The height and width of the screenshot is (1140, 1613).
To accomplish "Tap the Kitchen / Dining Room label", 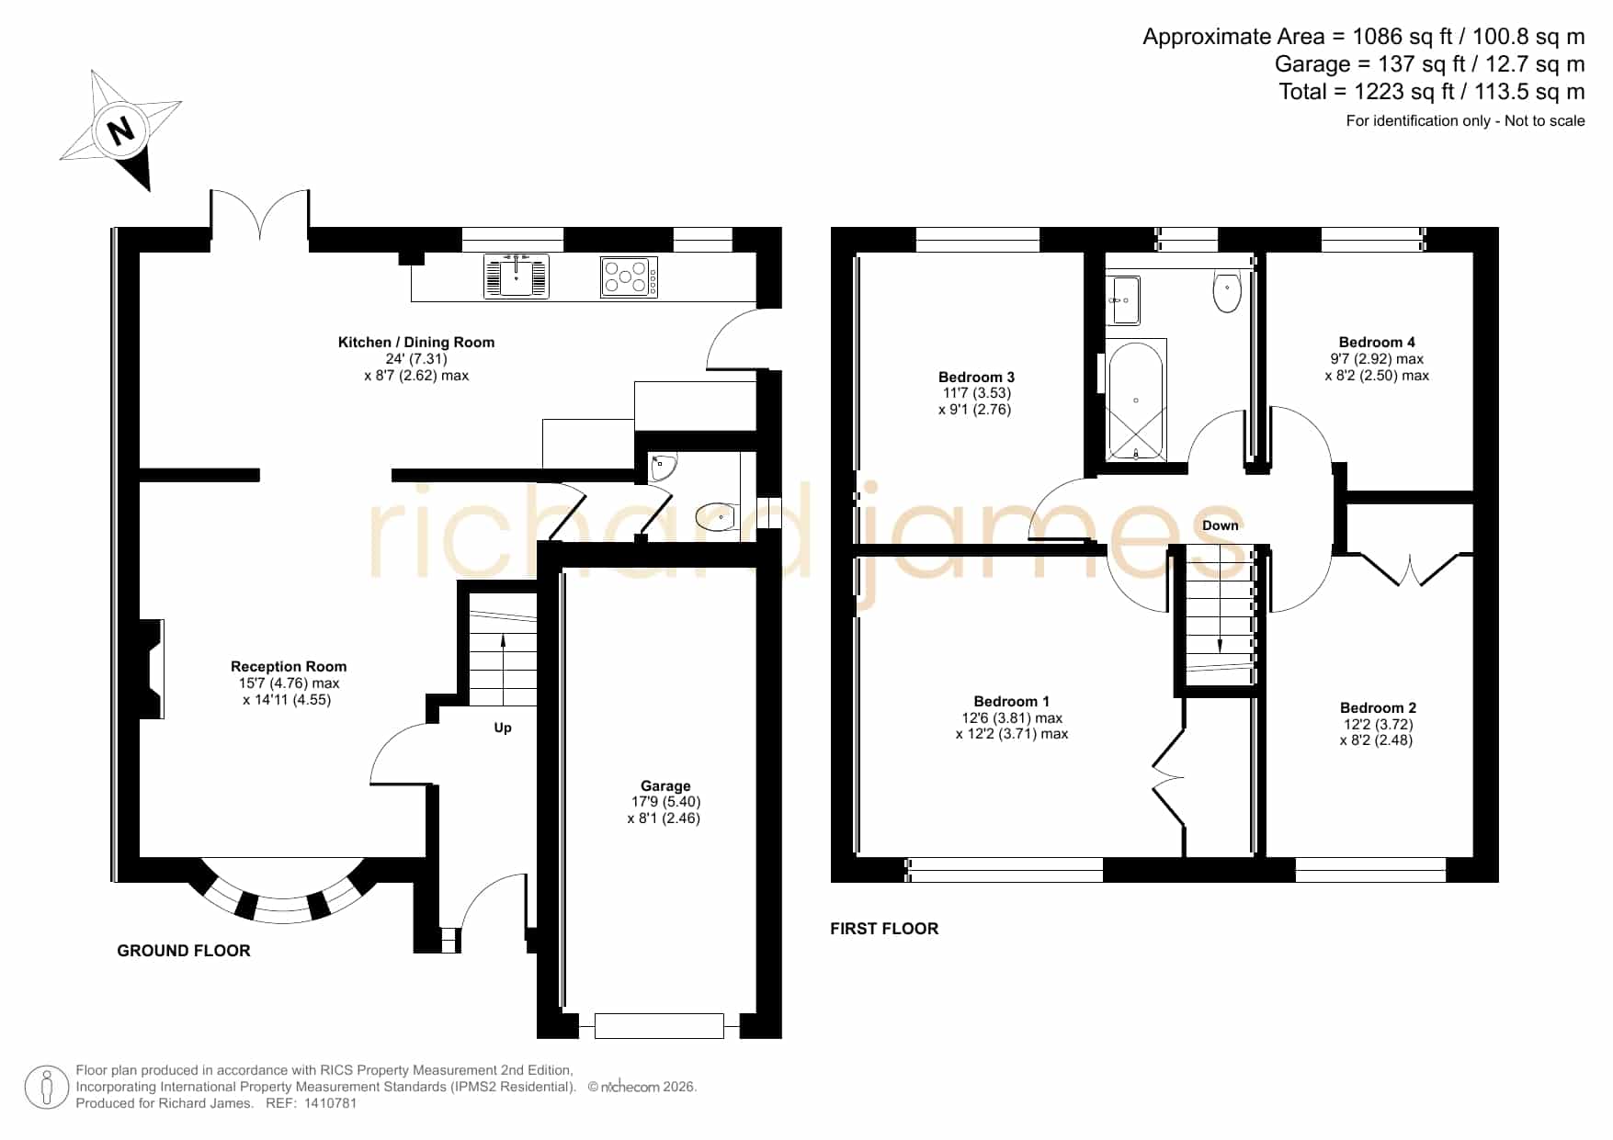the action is pyautogui.click(x=416, y=343).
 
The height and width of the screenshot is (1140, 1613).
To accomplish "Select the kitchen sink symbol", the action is pyautogui.click(x=517, y=276).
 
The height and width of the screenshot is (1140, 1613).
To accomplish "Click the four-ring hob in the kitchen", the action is pyautogui.click(x=630, y=277).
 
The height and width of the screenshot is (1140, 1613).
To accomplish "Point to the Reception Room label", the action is pyautogui.click(x=289, y=667).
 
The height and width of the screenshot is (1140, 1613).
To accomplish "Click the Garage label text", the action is pyautogui.click(x=665, y=786).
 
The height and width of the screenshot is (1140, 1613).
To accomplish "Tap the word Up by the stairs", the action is pyautogui.click(x=503, y=728).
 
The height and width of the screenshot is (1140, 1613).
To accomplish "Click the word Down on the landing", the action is pyautogui.click(x=1221, y=525).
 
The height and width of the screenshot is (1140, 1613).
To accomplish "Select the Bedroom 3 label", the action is pyautogui.click(x=976, y=377).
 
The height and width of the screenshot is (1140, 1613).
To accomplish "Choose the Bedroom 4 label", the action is pyautogui.click(x=1377, y=343).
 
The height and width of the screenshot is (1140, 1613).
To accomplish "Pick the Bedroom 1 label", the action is pyautogui.click(x=1012, y=702).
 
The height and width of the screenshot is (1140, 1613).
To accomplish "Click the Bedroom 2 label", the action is pyautogui.click(x=1378, y=708).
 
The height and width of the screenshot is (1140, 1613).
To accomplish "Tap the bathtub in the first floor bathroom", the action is pyautogui.click(x=1136, y=401).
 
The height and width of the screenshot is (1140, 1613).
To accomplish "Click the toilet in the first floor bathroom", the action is pyautogui.click(x=1227, y=291).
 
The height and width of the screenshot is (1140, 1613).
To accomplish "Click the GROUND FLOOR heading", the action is pyautogui.click(x=184, y=951).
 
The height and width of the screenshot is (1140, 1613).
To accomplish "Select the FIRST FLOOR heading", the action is pyautogui.click(x=884, y=929).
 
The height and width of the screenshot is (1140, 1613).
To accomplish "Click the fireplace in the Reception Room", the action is pyautogui.click(x=152, y=669).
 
